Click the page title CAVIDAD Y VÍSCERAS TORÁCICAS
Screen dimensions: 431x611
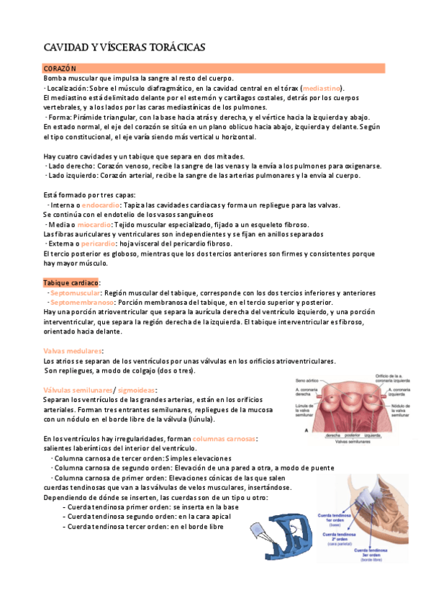tap(124, 48)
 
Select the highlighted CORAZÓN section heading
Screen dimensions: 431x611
tap(60, 68)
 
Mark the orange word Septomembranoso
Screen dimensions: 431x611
tap(81, 303)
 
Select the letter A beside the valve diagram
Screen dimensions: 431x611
tap(298, 430)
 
